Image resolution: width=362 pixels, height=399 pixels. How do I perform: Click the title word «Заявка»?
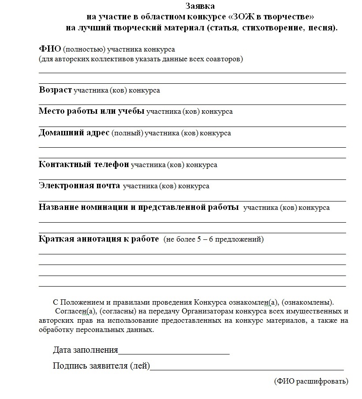tap(200, 7)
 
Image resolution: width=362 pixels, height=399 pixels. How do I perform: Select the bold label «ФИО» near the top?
tap(50, 49)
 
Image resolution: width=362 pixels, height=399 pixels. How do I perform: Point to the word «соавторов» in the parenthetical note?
tap(224, 59)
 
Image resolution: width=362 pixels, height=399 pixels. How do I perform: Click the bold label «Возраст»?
tap(55, 90)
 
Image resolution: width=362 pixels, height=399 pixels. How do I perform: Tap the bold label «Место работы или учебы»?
tap(91, 111)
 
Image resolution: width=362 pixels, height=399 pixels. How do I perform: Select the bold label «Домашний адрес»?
tap(74, 133)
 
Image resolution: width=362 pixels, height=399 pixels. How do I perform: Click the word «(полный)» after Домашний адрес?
tap(127, 133)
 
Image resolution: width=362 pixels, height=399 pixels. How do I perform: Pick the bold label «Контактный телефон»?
tap(84, 164)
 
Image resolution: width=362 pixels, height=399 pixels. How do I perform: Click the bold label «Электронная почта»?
tap(79, 186)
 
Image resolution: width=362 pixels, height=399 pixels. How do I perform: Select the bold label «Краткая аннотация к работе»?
tap(99, 239)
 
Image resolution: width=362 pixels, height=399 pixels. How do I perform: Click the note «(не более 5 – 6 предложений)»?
tap(213, 239)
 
